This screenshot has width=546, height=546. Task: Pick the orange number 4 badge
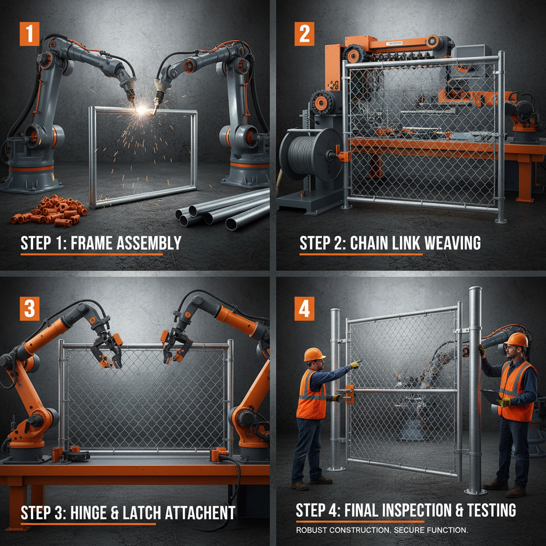point(304,309)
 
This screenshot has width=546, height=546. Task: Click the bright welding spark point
point(142,109)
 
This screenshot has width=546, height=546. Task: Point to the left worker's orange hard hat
point(314,354)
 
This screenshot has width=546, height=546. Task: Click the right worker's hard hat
point(516,339)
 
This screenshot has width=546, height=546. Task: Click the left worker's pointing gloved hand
point(355,365)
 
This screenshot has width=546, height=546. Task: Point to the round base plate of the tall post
point(475,491)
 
